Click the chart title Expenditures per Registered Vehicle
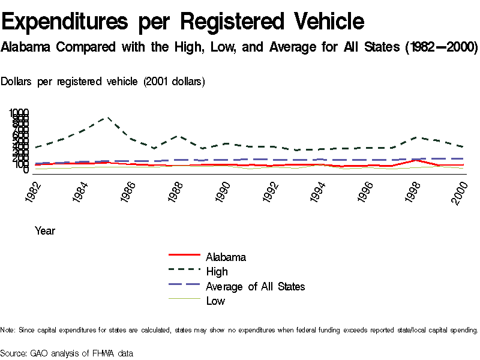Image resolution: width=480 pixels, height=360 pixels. coord(183,22)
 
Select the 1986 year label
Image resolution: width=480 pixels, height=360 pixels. coord(128,191)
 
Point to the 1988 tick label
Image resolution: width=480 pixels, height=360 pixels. coord(175,191)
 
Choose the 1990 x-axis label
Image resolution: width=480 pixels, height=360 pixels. coord(223,191)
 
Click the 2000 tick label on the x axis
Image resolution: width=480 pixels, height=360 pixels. coord(460,191)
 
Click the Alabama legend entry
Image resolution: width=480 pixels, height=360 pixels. coord(226,257)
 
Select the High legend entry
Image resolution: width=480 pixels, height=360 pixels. coord(217,272)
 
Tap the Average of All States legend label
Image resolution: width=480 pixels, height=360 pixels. coord(255,287)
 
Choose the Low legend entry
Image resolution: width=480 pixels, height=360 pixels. coord(215,301)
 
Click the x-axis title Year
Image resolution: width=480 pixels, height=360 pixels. coord(45,230)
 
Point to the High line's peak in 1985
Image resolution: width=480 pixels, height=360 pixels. coord(108,118)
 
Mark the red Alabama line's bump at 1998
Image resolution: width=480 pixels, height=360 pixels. coord(416,160)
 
